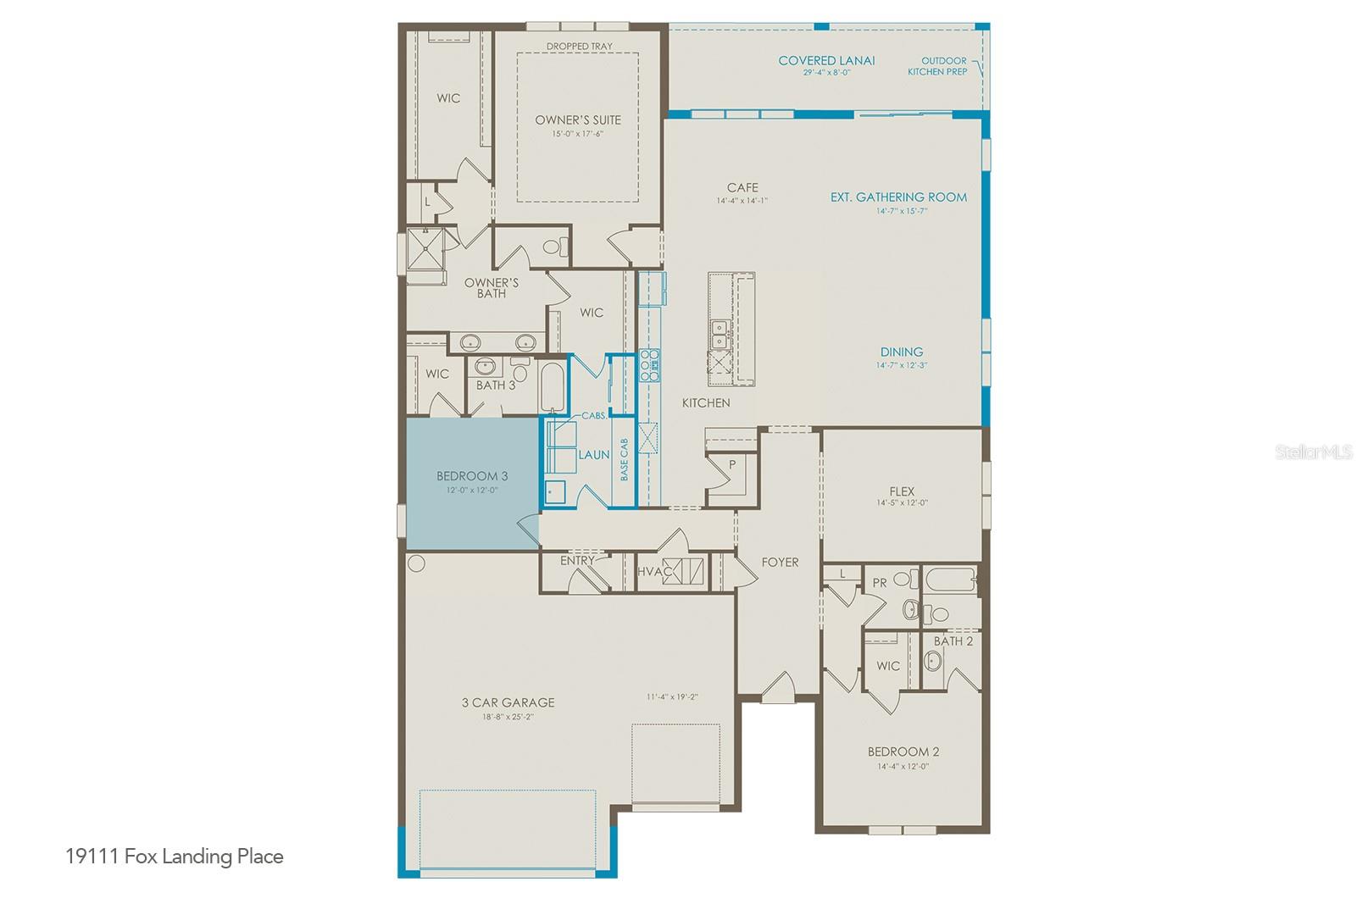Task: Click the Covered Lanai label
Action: click(x=826, y=60)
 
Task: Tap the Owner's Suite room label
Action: click(x=578, y=119)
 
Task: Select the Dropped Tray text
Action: click(x=579, y=46)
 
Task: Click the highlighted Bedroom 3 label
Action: click(x=472, y=476)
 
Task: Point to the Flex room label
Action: click(x=902, y=491)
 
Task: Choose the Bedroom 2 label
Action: click(x=903, y=751)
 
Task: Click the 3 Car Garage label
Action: click(x=508, y=702)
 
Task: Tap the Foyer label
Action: click(x=780, y=562)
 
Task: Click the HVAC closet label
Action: click(x=653, y=572)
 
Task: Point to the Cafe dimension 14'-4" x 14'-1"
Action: click(x=742, y=201)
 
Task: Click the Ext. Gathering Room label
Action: click(x=898, y=197)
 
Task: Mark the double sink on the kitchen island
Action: click(x=719, y=333)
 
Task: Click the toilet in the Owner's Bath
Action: click(x=553, y=247)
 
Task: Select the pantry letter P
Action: click(x=732, y=464)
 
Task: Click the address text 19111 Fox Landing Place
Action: click(x=175, y=857)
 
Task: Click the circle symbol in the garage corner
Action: click(x=416, y=563)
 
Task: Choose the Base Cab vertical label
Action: click(x=625, y=460)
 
